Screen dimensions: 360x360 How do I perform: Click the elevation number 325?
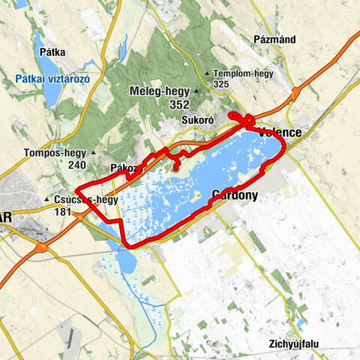pyautogui.click(x=220, y=85)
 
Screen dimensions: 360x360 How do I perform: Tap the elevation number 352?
pyautogui.click(x=179, y=105)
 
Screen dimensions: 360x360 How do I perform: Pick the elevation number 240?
pyautogui.click(x=77, y=165)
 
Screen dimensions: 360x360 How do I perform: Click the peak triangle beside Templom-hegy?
pyautogui.click(x=207, y=73)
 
